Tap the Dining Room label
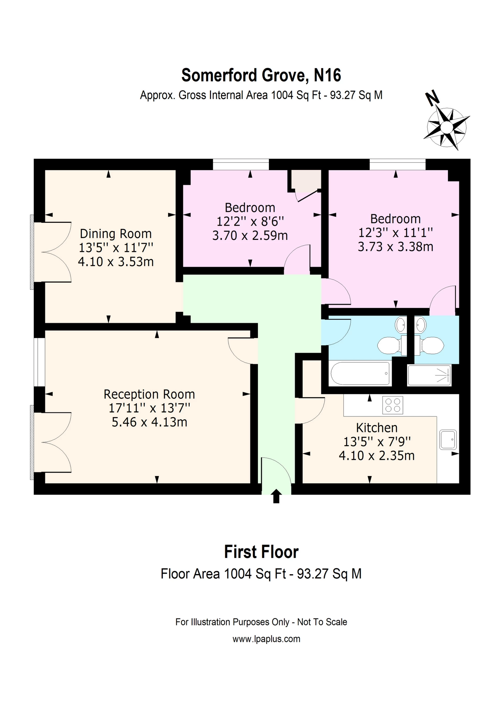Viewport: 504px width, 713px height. click(116, 234)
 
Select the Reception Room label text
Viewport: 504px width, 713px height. click(149, 394)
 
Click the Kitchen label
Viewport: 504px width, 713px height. click(377, 428)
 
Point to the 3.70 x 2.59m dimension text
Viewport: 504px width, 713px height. click(250, 235)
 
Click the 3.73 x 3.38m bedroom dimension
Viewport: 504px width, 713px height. click(396, 247)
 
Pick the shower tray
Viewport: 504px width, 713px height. click(429, 375)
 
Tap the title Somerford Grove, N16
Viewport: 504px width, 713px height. click(261, 75)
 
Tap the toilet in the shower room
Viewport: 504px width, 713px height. click(429, 345)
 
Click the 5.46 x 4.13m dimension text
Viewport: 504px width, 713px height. click(149, 422)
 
